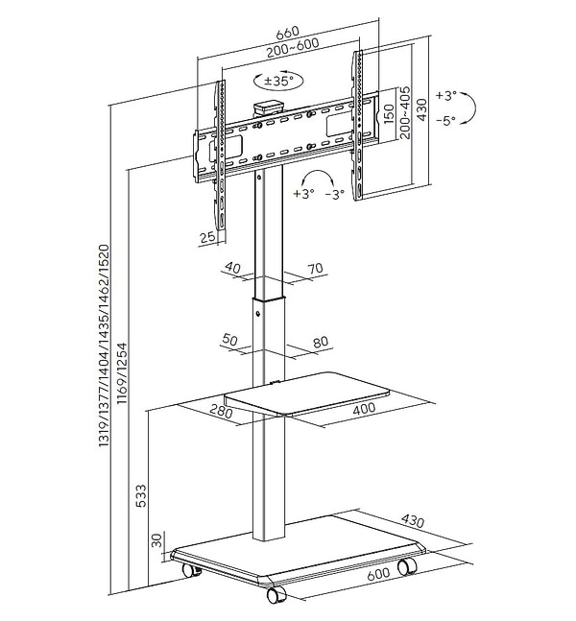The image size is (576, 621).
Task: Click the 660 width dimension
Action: point(288,33)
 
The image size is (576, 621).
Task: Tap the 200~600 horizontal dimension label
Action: point(293,48)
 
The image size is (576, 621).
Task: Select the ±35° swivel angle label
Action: point(278,81)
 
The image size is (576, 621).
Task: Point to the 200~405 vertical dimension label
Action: point(405,112)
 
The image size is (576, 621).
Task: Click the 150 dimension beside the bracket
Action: point(390,113)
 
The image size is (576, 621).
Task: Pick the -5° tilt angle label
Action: point(446,120)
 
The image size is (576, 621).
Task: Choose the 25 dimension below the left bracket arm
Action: point(207,237)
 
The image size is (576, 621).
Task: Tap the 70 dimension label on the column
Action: point(315,269)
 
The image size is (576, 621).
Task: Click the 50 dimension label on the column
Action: point(229,340)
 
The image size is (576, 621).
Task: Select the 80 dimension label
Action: point(320,342)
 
